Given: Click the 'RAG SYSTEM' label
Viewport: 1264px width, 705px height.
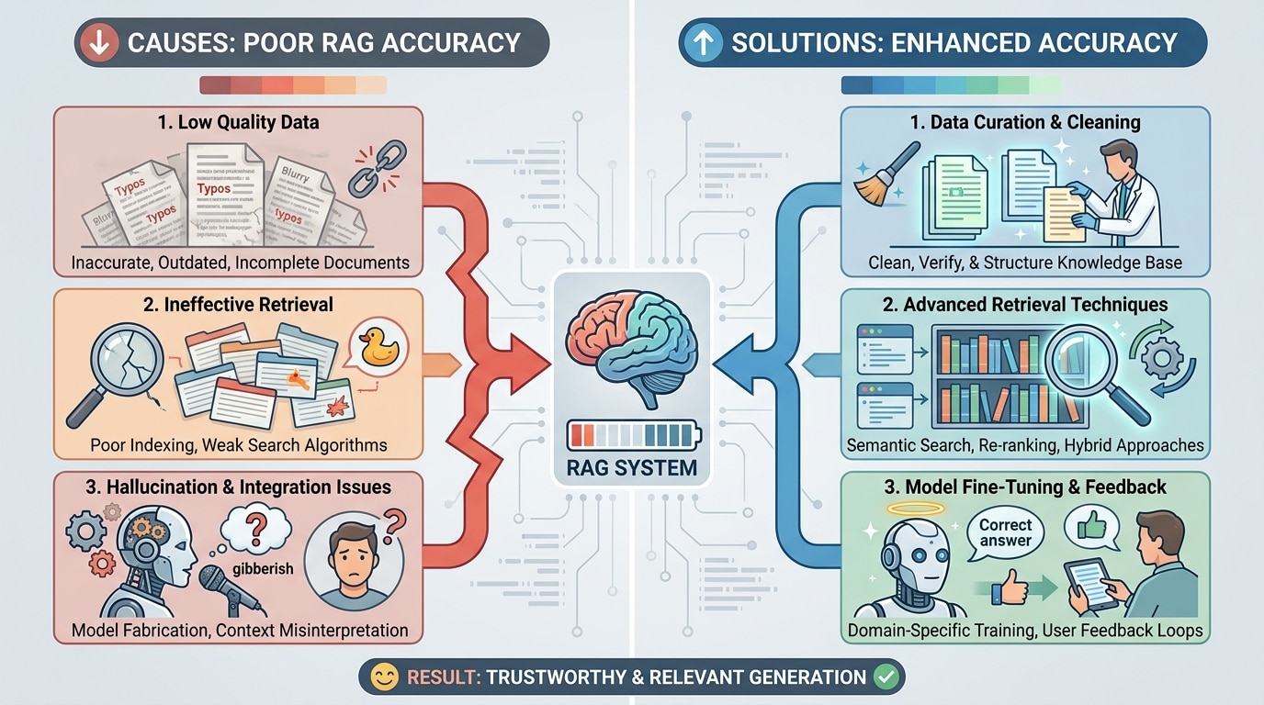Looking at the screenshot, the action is coord(631,467).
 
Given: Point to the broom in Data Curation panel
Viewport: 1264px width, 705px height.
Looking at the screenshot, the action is coord(886,173).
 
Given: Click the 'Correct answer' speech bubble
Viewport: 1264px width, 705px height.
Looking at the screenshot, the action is coord(1005,533).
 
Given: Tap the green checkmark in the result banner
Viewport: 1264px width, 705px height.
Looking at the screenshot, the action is coord(886,677).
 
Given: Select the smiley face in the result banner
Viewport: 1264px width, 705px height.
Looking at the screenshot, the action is coord(384,677).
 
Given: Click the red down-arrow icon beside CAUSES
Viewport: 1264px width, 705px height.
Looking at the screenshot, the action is coord(99,42).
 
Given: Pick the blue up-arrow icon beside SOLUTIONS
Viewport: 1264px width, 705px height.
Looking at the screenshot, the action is coord(703,42).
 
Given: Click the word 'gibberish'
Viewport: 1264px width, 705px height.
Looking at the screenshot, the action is coord(263,568).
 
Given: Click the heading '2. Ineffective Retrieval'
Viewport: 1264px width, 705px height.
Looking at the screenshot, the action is coord(238,305).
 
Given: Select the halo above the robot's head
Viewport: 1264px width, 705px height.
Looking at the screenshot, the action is coord(915,509).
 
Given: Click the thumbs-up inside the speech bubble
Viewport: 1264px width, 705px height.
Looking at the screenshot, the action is coord(1090,526).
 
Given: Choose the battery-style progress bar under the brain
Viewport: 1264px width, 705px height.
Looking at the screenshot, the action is coord(634,435).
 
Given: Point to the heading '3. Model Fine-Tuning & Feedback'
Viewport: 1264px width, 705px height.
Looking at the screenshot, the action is coord(1025,487).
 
